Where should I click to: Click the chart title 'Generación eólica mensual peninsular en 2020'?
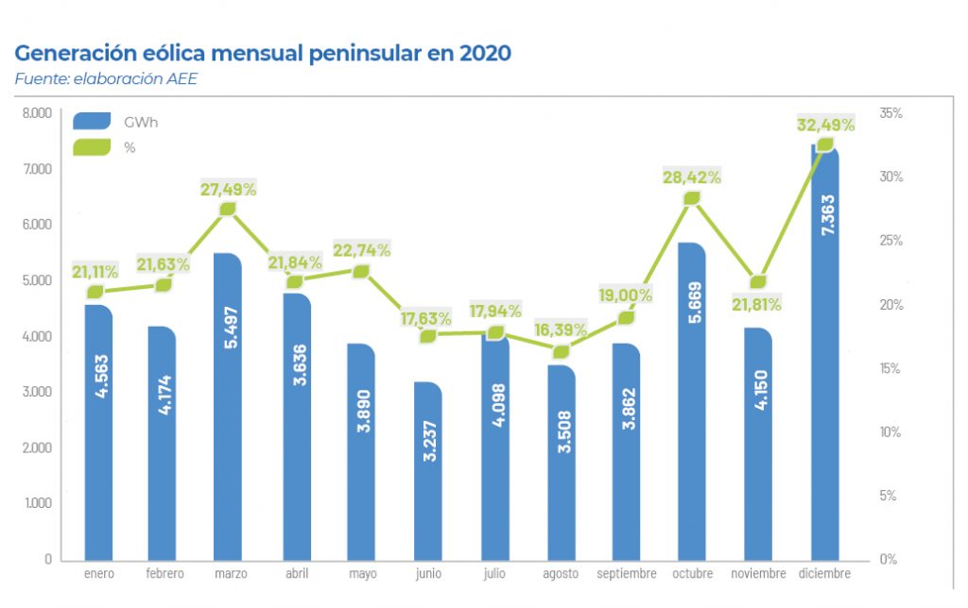point(263,53)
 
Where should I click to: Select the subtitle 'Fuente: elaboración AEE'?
point(106,79)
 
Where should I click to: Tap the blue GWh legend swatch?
point(93,121)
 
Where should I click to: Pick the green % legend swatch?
point(93,147)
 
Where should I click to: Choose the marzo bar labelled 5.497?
point(228,406)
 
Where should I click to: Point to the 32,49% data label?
point(825,124)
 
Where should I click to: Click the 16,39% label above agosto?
point(560,330)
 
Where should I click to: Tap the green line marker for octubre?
point(692,198)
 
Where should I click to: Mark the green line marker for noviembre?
point(758,281)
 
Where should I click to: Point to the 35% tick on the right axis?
point(890,113)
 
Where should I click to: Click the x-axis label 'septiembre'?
point(626,574)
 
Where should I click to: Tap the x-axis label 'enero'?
point(99,574)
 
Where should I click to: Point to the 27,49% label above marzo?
point(228,189)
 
